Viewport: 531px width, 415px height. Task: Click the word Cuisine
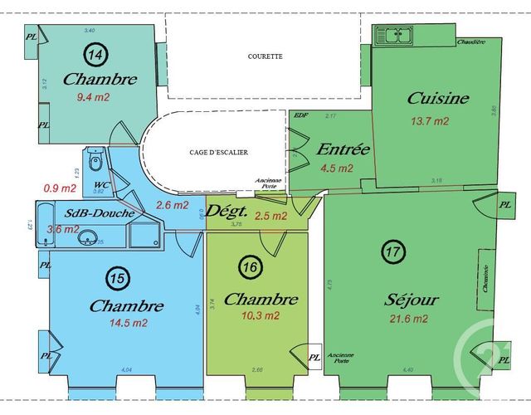[x=438, y=99]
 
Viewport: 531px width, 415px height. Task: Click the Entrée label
[x=343, y=150]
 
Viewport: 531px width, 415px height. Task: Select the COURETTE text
[x=265, y=56]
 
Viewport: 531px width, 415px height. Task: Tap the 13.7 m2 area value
[x=430, y=121]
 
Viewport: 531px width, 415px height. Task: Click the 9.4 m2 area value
[x=92, y=97]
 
